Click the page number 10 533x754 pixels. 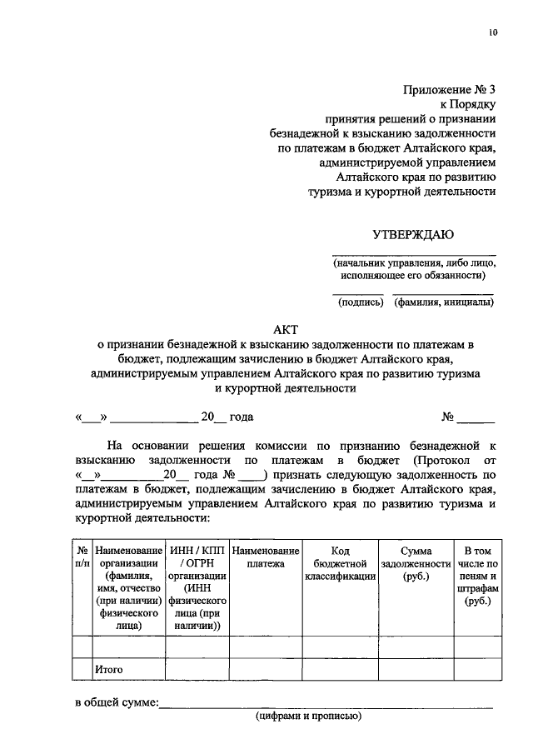pyautogui.click(x=492, y=32)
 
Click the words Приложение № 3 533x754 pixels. pyautogui.click(x=450, y=90)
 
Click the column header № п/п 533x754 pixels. pyautogui.click(x=82, y=557)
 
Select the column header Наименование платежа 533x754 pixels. pyautogui.click(x=266, y=557)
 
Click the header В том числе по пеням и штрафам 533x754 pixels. pyautogui.click(x=477, y=576)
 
